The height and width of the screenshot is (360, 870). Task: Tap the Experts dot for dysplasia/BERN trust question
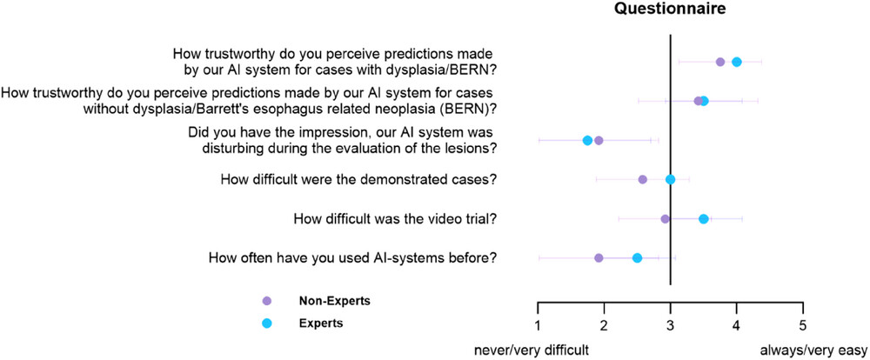(737, 62)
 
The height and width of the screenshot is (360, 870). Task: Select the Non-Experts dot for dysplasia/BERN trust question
(720, 62)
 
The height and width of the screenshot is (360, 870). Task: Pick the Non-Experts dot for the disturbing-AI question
(599, 140)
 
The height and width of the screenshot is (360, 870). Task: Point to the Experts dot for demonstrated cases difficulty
(670, 179)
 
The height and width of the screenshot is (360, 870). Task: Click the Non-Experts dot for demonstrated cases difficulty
(643, 179)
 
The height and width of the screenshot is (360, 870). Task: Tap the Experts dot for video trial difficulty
(704, 218)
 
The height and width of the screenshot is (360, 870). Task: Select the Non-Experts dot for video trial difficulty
(666, 218)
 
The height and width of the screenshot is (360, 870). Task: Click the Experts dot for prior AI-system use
(637, 258)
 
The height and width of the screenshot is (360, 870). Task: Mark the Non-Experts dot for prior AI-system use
(599, 258)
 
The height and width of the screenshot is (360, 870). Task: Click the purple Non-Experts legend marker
(267, 301)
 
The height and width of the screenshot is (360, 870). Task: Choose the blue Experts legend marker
(267, 324)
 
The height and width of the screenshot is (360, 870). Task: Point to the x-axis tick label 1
(538, 325)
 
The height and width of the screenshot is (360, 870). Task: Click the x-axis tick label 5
(803, 325)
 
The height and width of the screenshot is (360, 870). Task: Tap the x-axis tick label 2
(604, 325)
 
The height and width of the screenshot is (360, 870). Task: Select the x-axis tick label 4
(736, 325)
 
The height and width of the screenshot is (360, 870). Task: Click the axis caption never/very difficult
(530, 351)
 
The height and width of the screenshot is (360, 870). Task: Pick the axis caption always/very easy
(813, 351)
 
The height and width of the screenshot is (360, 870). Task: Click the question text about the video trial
(395, 219)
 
